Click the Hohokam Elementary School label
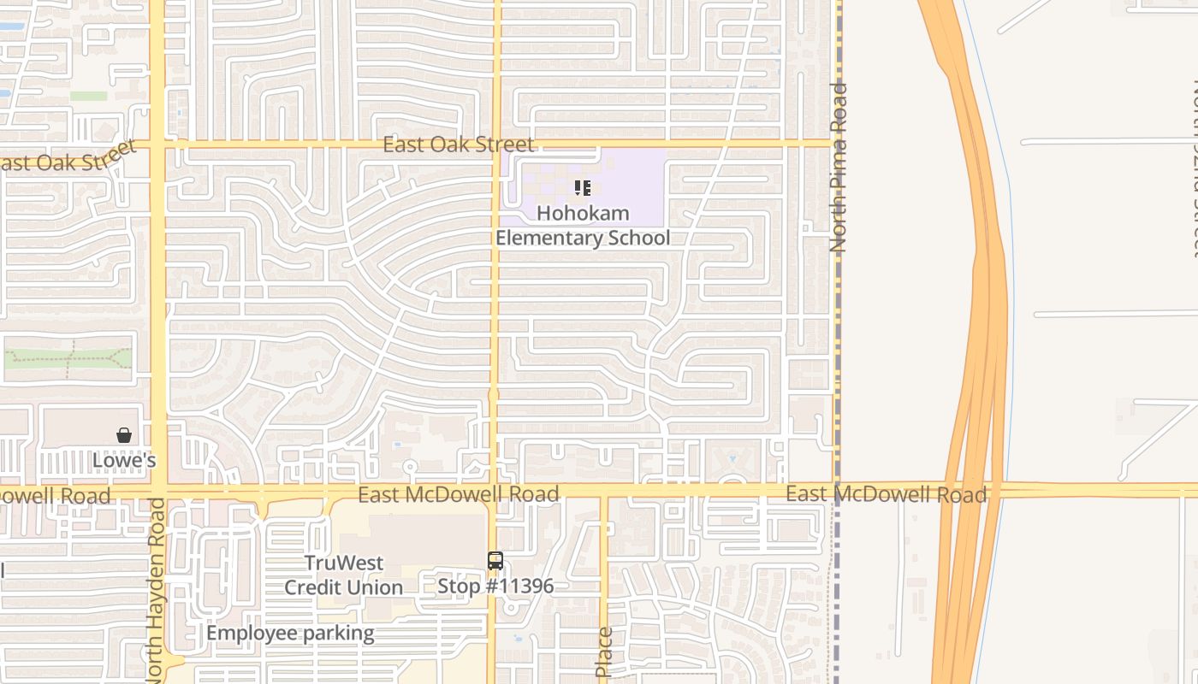click(583, 226)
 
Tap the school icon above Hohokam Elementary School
click(583, 187)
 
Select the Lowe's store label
click(124, 461)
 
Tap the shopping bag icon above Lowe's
click(124, 435)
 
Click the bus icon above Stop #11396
click(495, 561)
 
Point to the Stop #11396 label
click(495, 587)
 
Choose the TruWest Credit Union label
click(344, 575)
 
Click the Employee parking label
click(290, 634)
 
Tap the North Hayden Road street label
click(156, 590)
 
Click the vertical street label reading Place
click(604, 652)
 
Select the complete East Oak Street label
click(458, 144)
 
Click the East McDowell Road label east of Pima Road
click(886, 494)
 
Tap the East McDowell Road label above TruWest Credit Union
click(458, 494)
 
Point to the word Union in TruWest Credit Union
click(374, 587)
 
